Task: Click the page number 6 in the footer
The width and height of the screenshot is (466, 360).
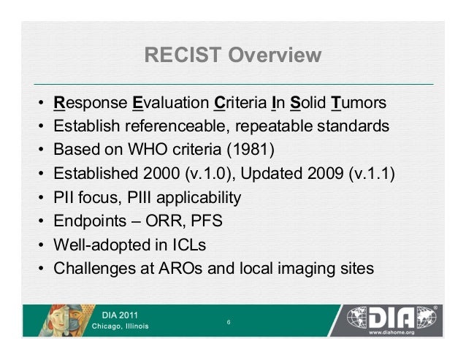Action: point(229,321)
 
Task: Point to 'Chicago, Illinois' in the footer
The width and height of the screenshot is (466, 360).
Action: point(119,326)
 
